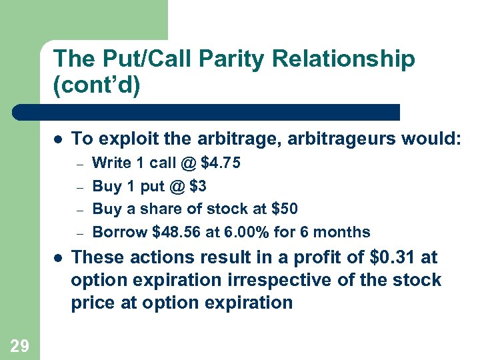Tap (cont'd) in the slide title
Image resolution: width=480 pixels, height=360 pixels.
pyautogui.click(x=97, y=87)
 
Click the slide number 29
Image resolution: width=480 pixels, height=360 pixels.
pyautogui.click(x=19, y=345)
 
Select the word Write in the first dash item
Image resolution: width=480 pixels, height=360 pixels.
pyautogui.click(x=109, y=163)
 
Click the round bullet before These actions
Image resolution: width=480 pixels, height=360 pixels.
pyautogui.click(x=58, y=258)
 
